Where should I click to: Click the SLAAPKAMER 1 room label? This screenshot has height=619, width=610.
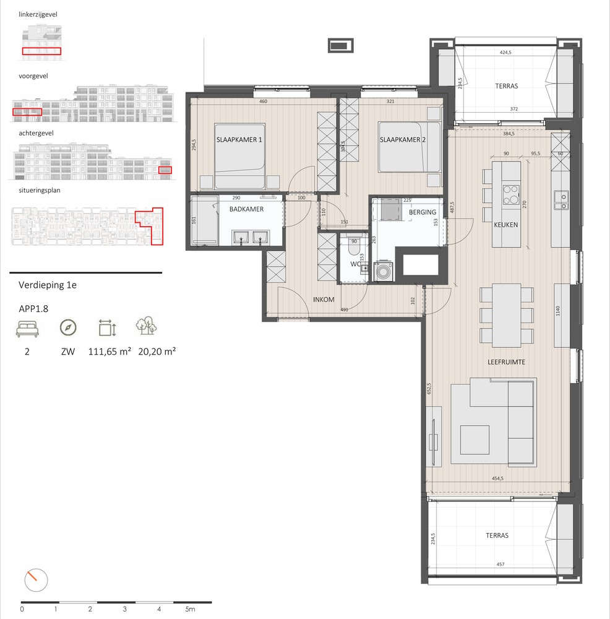pos(239,140)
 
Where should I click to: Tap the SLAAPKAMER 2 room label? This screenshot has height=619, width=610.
pos(403,140)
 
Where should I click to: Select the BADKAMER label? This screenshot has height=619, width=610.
pos(246,209)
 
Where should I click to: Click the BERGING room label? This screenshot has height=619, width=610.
pos(423,212)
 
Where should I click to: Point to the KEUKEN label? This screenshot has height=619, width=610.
pos(506,225)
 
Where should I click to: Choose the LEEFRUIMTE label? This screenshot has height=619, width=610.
pos(506,363)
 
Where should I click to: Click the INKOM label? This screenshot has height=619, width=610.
pos(324,300)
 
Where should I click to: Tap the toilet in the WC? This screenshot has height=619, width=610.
pos(354,251)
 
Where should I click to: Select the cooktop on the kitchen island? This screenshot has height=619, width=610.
pos(512,195)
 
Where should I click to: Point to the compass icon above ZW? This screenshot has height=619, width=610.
pos(68,327)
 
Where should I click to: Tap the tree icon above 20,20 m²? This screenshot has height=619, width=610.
pos(147,326)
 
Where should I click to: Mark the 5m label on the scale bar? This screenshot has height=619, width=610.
pos(190,609)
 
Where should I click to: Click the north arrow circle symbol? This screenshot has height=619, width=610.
pos(35,581)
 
